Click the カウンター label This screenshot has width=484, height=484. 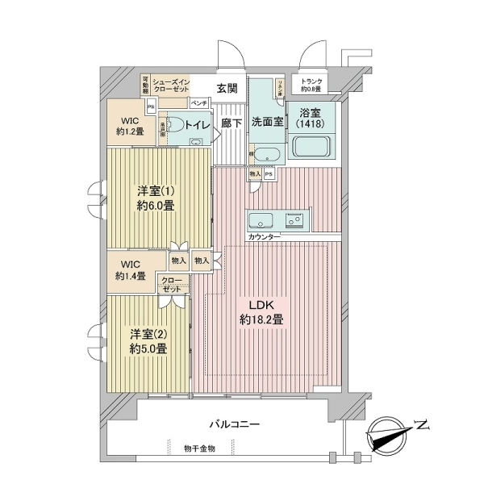[265, 237]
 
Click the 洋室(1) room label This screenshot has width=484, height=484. [152, 190]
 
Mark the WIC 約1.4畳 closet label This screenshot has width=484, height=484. [129, 269]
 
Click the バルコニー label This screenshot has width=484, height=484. [232, 422]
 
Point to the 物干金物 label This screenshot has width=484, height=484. [198, 449]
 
